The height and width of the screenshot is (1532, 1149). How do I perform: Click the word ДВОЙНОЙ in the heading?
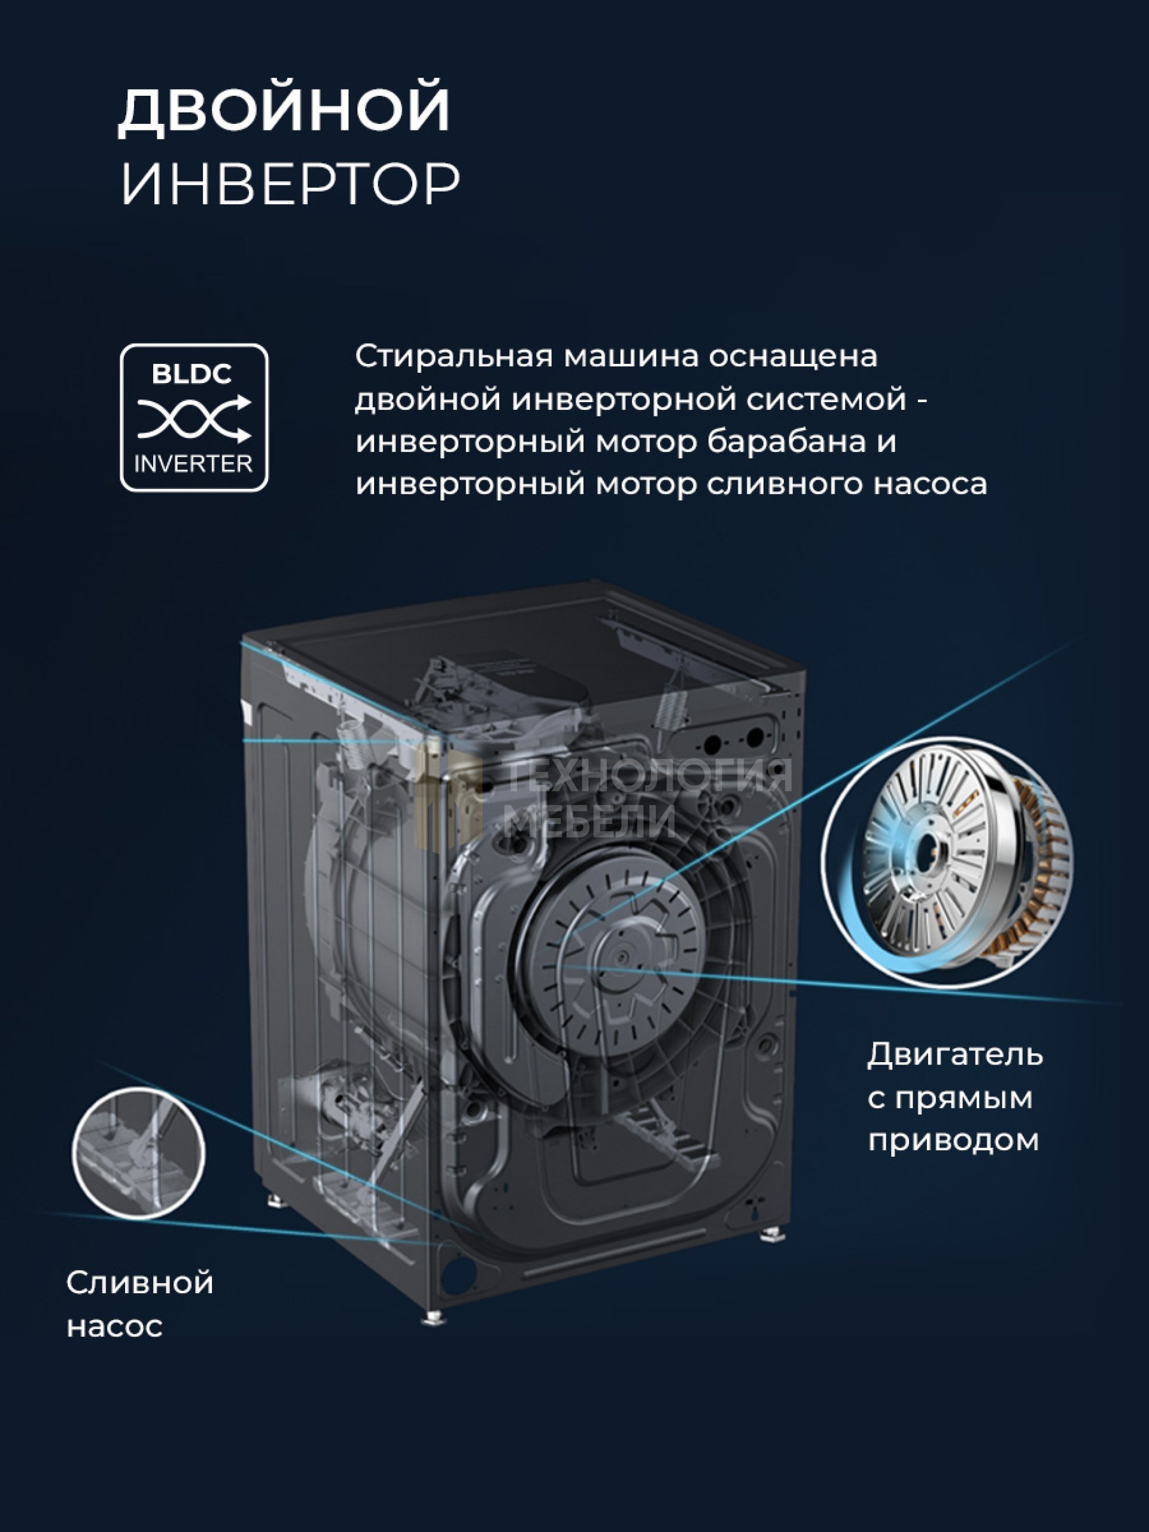(285, 111)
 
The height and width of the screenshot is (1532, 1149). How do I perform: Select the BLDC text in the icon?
(192, 375)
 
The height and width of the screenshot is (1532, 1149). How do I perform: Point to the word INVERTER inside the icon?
(193, 463)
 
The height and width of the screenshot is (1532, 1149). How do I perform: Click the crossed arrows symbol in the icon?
(194, 419)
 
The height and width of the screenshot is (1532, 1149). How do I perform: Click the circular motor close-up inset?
(947, 863)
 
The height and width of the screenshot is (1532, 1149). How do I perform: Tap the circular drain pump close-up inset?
(138, 1154)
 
